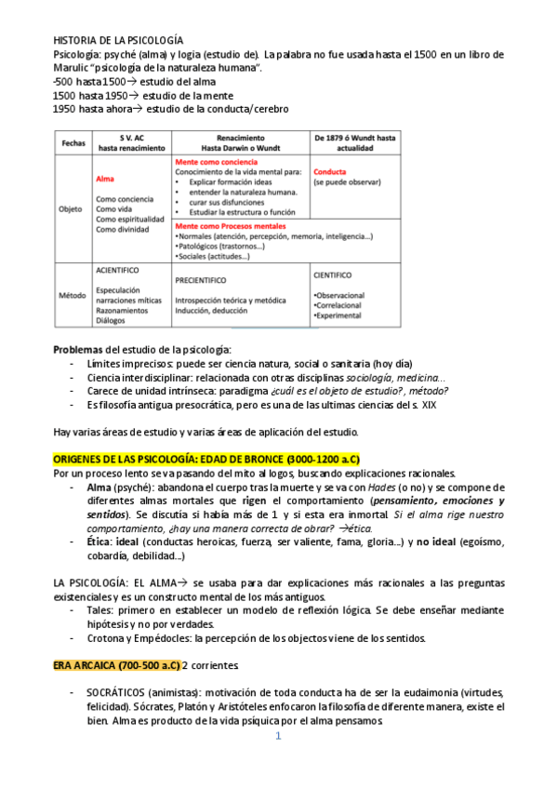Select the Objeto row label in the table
[72, 209]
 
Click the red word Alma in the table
[105, 179]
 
